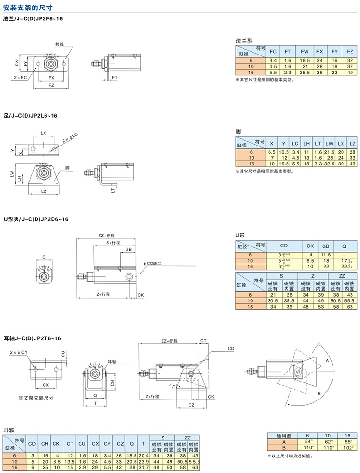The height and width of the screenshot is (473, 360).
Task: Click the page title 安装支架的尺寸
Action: tap(30, 7)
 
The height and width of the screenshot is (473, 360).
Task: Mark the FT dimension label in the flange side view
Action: tap(115, 76)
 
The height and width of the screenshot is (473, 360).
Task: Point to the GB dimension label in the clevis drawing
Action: tap(128, 249)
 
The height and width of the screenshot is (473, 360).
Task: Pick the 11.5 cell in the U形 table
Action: tap(325, 255)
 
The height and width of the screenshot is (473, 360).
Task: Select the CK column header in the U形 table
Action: tap(310, 246)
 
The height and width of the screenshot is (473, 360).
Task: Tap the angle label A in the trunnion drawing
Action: tap(326, 361)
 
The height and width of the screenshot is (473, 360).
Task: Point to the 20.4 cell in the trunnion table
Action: tap(144, 455)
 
